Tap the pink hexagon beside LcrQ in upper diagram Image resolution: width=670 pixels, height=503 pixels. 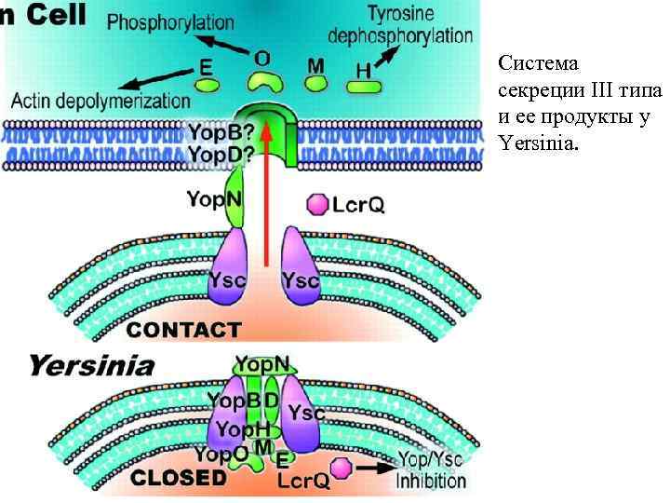click(x=319, y=204)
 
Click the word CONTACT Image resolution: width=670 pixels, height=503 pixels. click(x=183, y=329)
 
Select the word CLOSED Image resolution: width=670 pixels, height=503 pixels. click(x=179, y=477)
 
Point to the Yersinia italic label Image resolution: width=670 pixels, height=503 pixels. click(x=91, y=365)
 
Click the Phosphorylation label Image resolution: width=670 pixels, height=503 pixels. click(x=170, y=22)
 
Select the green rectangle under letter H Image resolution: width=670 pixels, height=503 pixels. click(x=364, y=87)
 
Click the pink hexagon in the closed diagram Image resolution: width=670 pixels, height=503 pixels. click(x=343, y=467)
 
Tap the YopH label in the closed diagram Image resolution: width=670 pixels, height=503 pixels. click(x=243, y=428)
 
